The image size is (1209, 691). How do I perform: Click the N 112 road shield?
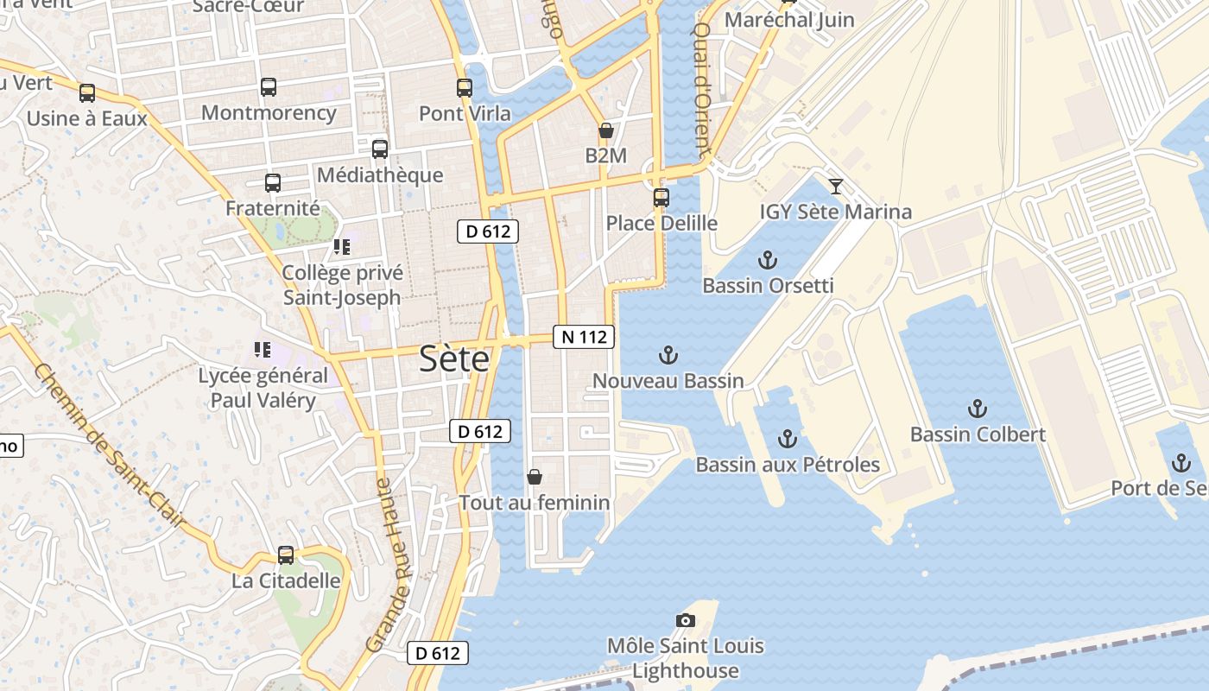coord(584,337)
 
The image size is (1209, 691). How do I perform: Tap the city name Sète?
coord(454,359)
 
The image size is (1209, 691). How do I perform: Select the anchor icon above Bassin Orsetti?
coord(767,260)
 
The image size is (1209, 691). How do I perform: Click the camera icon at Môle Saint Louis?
coord(686,620)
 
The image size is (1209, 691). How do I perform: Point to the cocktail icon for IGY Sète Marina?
coord(835,186)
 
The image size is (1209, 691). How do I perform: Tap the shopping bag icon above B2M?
coord(605,130)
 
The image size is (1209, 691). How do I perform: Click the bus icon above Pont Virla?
coord(465,87)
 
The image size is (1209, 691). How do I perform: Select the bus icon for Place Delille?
coord(661,198)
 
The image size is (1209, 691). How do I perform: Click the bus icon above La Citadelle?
coord(286,555)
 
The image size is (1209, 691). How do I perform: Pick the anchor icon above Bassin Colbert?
coord(978,409)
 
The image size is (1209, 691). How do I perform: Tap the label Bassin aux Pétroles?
coord(788,465)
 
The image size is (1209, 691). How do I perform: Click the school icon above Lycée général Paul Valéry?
coord(263,350)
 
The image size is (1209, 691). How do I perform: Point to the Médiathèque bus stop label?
coord(380,175)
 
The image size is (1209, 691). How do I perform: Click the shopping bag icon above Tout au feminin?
coord(535,477)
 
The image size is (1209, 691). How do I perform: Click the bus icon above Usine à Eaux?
coord(87,92)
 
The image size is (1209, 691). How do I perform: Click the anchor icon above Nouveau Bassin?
coord(668,355)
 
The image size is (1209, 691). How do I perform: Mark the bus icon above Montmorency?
coord(269,86)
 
